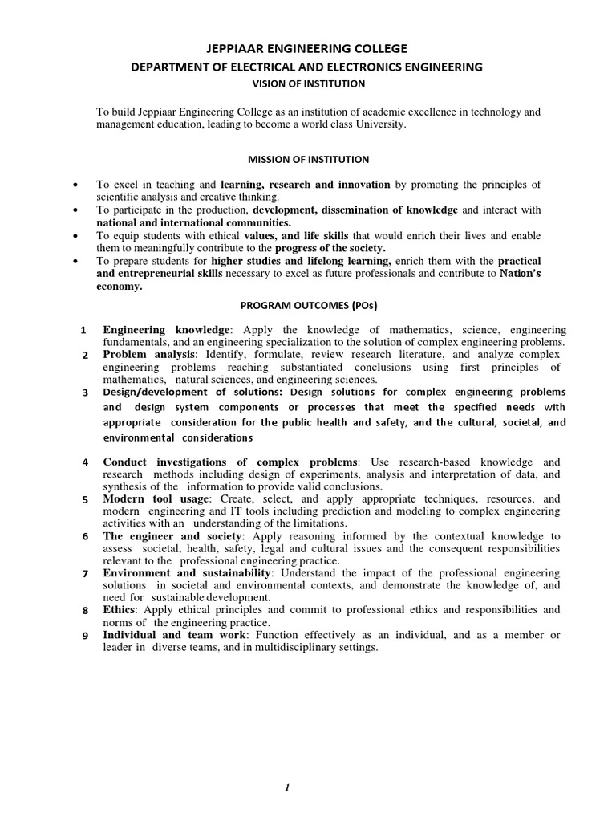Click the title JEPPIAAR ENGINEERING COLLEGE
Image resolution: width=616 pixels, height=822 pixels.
point(308,49)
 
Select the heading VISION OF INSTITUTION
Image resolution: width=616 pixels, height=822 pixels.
point(308,83)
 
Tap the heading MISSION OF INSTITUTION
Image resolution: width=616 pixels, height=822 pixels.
point(308,160)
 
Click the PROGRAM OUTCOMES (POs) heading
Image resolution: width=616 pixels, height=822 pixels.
point(309,306)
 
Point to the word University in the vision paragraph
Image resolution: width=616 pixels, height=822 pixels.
point(380,126)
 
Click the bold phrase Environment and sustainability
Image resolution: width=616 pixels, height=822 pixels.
point(188,572)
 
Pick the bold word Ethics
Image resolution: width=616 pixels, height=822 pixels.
point(120,609)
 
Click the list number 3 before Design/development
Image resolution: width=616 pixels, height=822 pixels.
point(85,393)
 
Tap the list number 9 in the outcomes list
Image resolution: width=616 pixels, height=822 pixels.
point(85,636)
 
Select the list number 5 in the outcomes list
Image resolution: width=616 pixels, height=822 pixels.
point(85,500)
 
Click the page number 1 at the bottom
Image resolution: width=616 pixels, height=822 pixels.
point(287,788)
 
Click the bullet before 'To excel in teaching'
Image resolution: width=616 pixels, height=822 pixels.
point(75,185)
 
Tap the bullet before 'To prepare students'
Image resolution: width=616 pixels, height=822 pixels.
point(75,262)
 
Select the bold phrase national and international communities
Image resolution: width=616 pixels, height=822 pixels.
point(194,222)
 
